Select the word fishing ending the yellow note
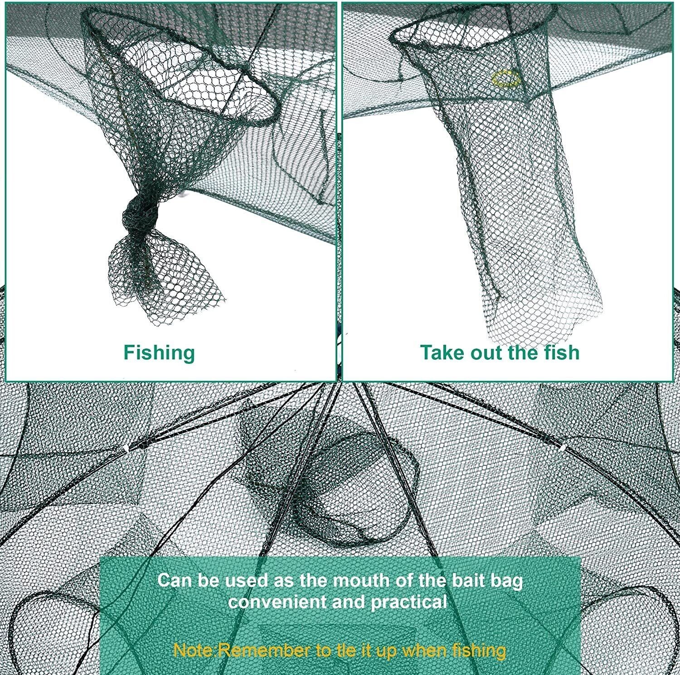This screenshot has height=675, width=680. (479, 651)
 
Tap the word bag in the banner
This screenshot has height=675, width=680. (508, 581)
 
